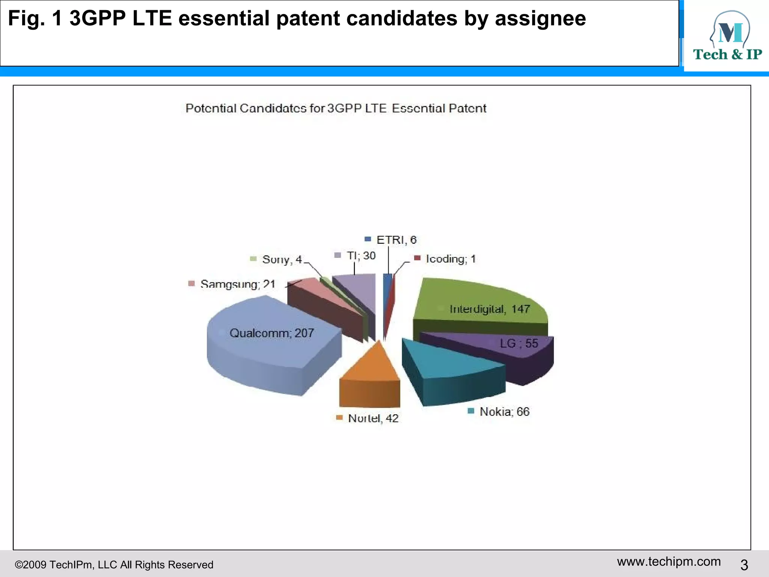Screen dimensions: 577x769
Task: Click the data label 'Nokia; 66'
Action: pos(504,412)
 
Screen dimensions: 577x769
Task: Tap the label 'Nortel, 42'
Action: pos(373,418)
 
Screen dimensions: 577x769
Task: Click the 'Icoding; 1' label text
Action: pos(451,259)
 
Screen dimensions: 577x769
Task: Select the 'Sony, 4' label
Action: pos(282,259)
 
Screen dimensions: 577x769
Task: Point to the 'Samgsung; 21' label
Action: pos(238,284)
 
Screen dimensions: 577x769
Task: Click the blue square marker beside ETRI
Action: pos(368,239)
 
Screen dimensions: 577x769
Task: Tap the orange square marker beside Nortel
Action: pos(339,418)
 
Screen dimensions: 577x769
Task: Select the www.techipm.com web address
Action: pos(669,562)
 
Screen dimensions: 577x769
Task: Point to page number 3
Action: pos(744,565)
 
